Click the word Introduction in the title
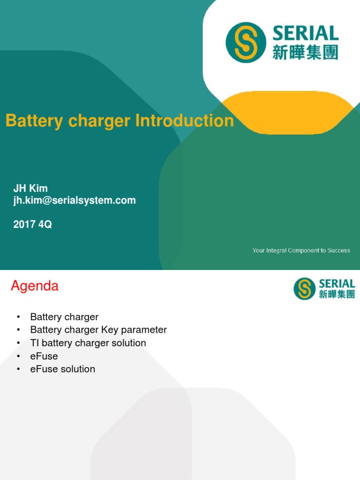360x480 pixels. pos(184,121)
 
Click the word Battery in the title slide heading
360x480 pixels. pos(34,121)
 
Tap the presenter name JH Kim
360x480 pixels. pos(30,188)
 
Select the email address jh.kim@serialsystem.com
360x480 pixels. pos(75,201)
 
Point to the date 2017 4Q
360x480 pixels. pos(32,225)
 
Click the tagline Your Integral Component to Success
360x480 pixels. pos(301,250)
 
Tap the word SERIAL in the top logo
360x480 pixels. pos(305,33)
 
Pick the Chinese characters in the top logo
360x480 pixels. pos(305,52)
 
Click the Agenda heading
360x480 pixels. pos(35,286)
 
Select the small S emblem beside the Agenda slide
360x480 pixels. pos(304,288)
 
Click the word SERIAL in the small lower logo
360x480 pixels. pos(337,284)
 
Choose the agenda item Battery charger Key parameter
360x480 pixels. pos(98,330)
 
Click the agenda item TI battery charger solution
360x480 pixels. pos(88,343)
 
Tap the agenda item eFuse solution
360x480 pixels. pos(63,369)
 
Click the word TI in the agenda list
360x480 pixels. pos(35,343)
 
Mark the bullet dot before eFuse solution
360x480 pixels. pos(18,369)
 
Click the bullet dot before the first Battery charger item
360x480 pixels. pos(18,317)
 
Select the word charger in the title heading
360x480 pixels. pos(99,121)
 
